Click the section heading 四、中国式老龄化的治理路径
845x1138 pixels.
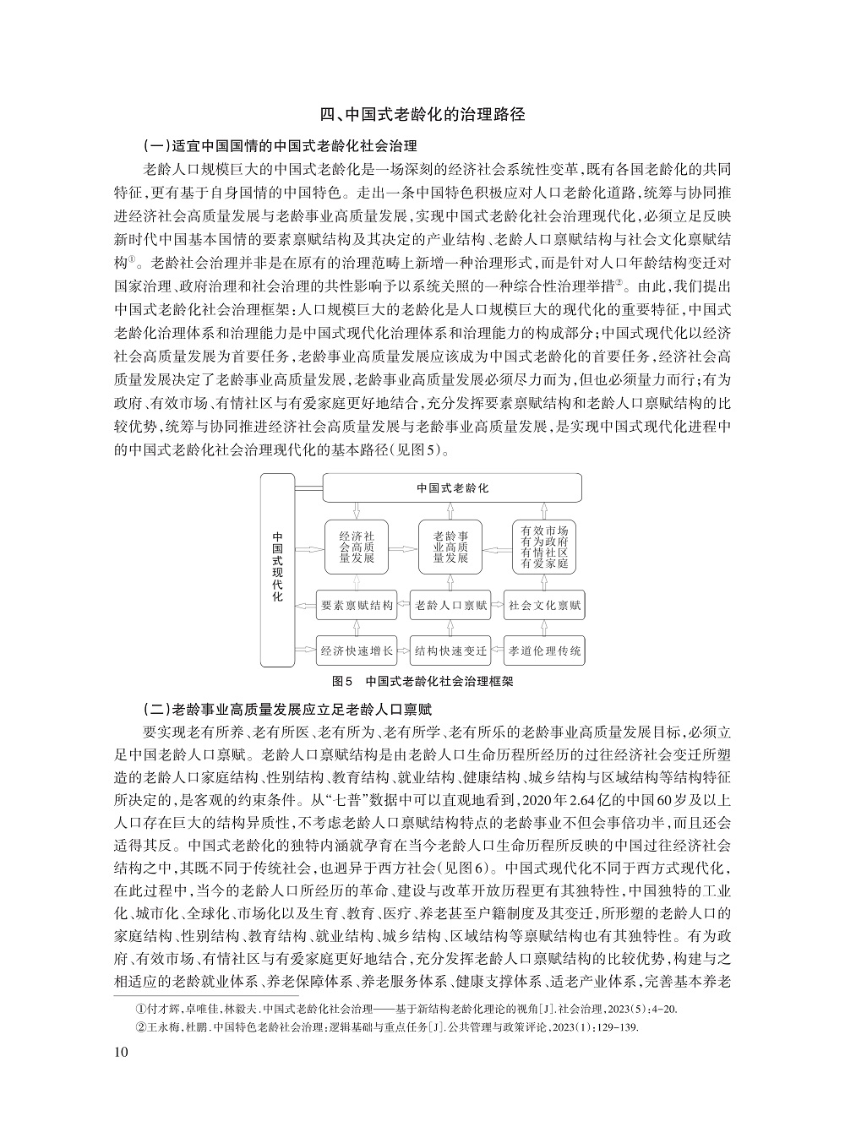coord(422,115)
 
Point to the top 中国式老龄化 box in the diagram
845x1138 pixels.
coord(452,488)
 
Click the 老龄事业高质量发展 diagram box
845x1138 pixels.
coord(451,547)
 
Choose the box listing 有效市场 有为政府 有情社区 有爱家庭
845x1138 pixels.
coord(544,547)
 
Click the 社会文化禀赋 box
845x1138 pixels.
coord(545,605)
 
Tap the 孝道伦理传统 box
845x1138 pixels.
coord(545,651)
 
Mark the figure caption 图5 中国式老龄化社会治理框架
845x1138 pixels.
coord(422,680)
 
